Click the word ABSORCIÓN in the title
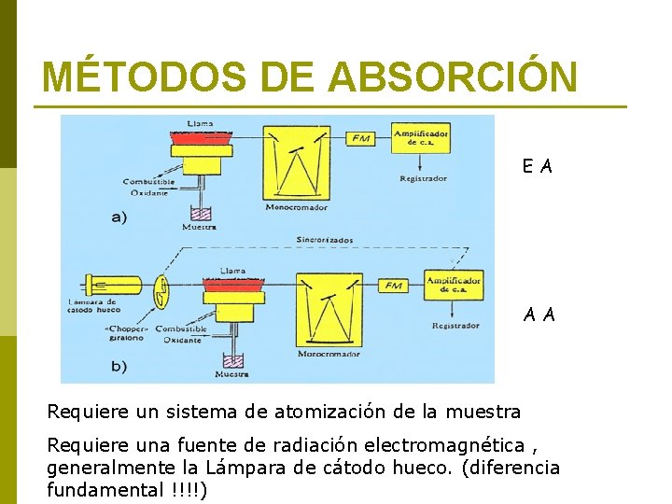pos(453,77)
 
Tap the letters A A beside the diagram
pos(539,315)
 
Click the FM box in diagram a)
pos(360,138)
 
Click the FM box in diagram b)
pos(393,284)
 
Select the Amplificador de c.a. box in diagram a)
pos(421,138)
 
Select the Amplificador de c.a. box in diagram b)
pos(454,284)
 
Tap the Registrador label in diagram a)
pos(423,178)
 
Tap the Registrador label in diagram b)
pos(455,326)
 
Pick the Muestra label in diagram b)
pos(231,374)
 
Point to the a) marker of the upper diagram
pos(119,217)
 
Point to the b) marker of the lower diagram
pos(119,366)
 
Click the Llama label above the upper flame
pos(199,122)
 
